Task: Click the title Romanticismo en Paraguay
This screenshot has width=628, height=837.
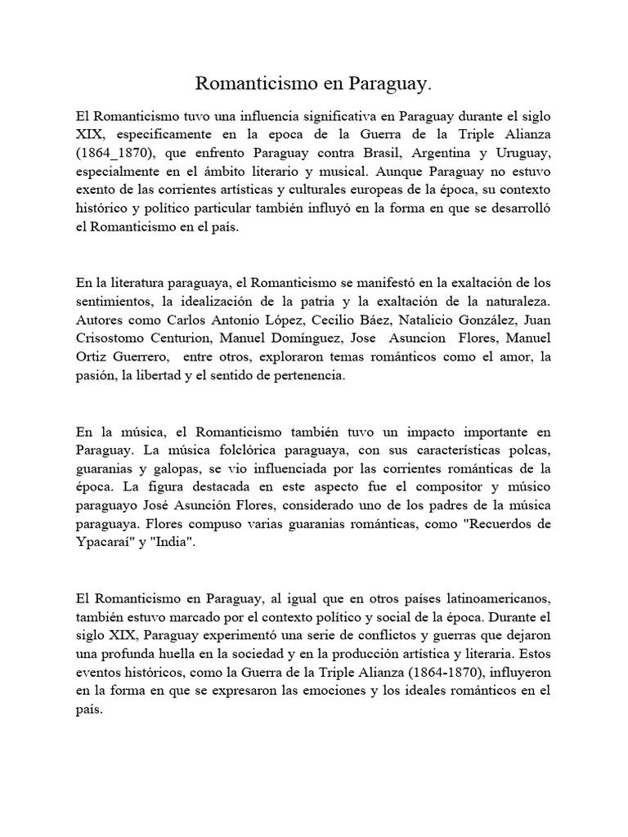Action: coord(313,84)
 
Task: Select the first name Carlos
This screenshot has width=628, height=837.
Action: coord(188,320)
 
